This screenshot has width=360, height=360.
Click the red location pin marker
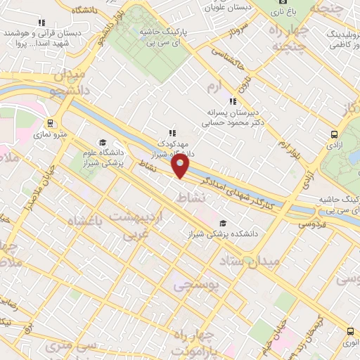(181, 167)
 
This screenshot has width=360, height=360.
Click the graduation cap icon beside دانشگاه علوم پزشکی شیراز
(103, 141)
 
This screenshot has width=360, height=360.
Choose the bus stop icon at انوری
(350, 330)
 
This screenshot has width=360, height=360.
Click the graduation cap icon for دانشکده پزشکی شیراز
(224, 223)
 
